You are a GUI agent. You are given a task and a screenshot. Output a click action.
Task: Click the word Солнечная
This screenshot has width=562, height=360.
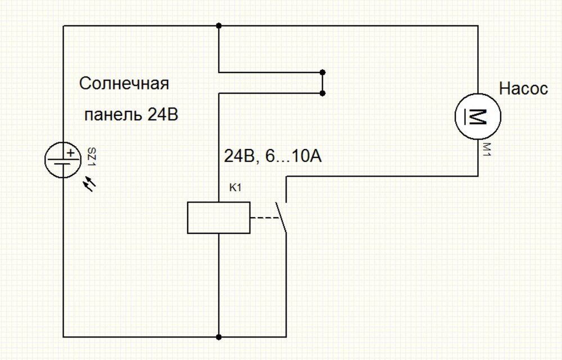point(124,85)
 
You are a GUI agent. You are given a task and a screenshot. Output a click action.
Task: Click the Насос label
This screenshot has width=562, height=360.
point(523,88)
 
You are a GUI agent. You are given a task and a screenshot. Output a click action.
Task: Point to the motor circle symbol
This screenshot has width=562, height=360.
point(478,116)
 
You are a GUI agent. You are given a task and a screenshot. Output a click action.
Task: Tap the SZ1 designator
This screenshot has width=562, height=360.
point(91,158)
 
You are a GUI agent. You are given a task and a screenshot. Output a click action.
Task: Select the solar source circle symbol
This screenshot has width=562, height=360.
point(63,160)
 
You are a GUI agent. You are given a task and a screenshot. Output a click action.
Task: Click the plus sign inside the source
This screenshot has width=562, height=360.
point(70,152)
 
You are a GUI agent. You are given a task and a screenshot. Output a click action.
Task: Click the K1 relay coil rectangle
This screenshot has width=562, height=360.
point(219,217)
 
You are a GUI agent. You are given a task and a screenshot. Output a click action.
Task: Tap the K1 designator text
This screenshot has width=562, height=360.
point(235,188)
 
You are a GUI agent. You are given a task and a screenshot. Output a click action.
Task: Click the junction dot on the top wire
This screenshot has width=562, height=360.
point(218,26)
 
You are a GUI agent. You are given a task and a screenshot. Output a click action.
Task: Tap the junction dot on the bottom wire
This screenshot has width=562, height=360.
point(218,336)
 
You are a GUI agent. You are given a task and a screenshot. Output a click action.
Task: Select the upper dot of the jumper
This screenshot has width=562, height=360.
point(323,72)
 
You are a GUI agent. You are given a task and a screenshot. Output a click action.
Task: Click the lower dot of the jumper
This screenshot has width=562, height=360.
point(323,92)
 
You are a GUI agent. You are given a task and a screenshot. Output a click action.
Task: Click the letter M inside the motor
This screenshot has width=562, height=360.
point(478,116)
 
